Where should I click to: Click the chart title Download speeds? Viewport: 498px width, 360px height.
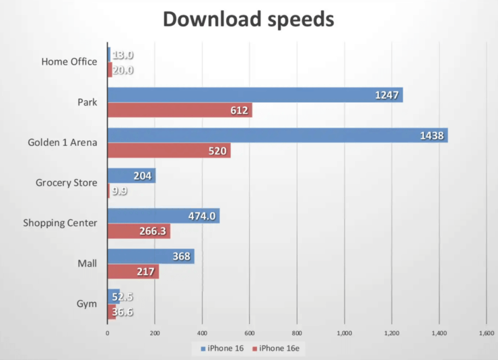[248, 20]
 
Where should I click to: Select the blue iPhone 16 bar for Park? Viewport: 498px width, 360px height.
[255, 95]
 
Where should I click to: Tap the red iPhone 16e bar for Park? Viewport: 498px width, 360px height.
[180, 110]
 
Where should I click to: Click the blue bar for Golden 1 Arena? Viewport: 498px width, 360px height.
[277, 135]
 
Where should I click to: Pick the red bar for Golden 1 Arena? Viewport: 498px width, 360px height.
[169, 151]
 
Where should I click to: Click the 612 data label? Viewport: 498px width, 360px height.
[238, 110]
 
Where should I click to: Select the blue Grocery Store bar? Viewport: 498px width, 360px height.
[131, 176]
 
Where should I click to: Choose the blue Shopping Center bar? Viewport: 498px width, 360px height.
[164, 216]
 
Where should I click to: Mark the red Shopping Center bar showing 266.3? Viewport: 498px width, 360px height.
[139, 231]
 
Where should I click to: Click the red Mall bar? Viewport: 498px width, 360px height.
[133, 272]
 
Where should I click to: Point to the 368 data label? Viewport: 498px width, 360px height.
[180, 256]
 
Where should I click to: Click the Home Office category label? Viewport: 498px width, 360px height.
[69, 62]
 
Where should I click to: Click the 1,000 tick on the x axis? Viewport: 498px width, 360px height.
[345, 332]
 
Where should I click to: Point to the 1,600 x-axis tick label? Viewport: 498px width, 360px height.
[486, 332]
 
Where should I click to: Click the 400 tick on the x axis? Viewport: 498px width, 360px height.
[202, 332]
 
